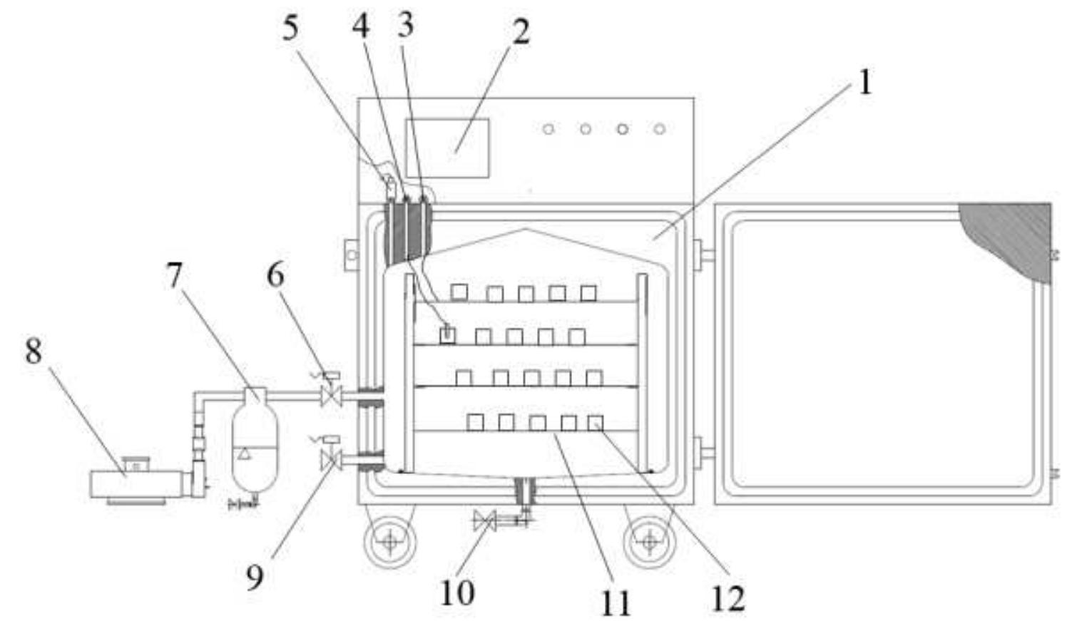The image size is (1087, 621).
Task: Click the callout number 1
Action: pos(864,83)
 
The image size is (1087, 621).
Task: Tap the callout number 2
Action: pos(521,32)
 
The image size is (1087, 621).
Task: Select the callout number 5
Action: pos(290,29)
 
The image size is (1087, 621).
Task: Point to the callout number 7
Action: pos(175,275)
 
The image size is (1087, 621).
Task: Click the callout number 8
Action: pos(33,351)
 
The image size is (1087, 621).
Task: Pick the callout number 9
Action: pos(255,577)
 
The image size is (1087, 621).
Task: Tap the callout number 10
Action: pos(456,592)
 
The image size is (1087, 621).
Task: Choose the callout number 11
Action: pos(614,603)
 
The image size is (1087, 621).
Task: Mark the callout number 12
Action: pos(728,599)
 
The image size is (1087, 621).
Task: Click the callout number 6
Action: pos(275,274)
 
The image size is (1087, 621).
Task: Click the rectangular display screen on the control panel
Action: pos(447,148)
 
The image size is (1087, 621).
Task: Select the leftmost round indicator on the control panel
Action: pos(548,129)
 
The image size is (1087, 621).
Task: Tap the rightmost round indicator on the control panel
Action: pos(660,129)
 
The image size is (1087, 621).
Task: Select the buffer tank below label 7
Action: pos(255,442)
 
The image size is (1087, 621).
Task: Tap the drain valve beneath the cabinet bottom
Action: pos(485,521)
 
